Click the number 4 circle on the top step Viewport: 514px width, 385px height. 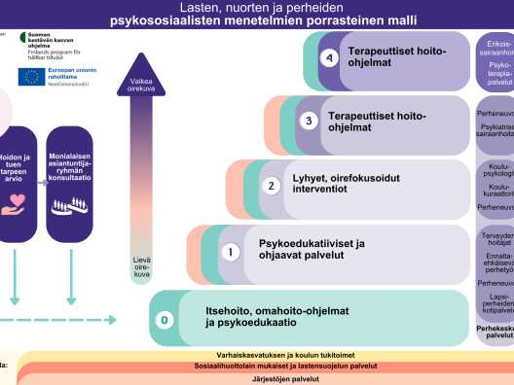tap(331, 59)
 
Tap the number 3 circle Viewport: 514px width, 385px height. tap(308, 122)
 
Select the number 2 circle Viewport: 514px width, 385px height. tap(273, 186)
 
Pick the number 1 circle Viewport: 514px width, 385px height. tap(231, 251)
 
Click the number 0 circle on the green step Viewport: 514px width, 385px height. tap(165, 318)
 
